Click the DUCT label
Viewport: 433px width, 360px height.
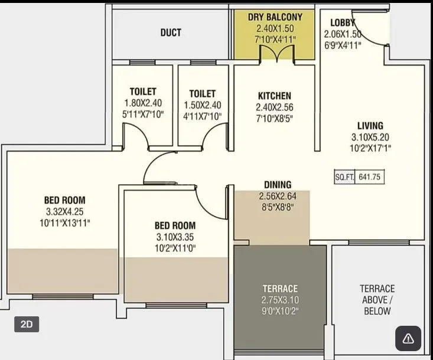[x=171, y=32]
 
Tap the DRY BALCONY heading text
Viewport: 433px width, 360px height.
[x=275, y=17]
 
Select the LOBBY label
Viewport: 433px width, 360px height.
[x=343, y=22]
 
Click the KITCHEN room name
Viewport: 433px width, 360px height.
[x=275, y=96]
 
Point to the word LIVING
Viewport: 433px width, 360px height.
[x=370, y=125]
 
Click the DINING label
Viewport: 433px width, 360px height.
[x=277, y=185]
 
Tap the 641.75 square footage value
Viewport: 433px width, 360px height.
[x=371, y=177]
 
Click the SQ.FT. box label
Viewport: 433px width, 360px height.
[x=344, y=177]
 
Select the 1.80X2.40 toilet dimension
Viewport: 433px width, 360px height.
[x=143, y=103]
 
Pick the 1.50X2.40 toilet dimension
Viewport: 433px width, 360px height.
[x=202, y=105]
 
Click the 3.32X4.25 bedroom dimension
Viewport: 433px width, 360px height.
[x=64, y=211]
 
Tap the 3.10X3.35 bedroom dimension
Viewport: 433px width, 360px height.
[x=175, y=237]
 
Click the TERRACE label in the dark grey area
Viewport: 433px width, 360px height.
[x=280, y=289]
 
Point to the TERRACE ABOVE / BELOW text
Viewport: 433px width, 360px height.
[x=377, y=299]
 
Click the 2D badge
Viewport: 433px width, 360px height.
[x=27, y=324]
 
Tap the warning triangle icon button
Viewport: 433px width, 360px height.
[x=408, y=339]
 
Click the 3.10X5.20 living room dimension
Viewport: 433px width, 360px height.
[x=370, y=137]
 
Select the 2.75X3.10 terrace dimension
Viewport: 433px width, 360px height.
[x=280, y=299]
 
